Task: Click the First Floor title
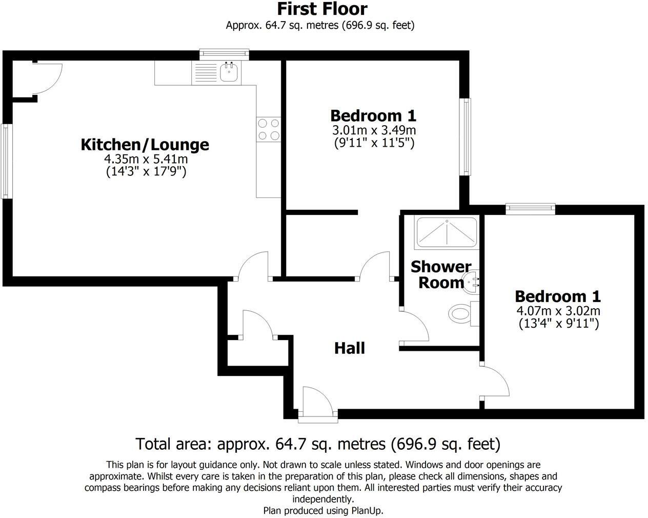click(322, 9)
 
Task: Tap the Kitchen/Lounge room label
click(145, 145)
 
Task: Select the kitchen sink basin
click(229, 72)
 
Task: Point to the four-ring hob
click(269, 129)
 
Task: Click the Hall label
click(349, 348)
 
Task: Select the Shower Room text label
click(440, 275)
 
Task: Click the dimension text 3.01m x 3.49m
click(374, 130)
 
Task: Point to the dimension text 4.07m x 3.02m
click(558, 311)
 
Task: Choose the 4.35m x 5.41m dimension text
click(146, 159)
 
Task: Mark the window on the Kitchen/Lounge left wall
click(5, 161)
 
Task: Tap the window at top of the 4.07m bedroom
click(530, 208)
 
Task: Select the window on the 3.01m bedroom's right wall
click(465, 136)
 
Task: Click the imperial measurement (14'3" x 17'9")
click(146, 172)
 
